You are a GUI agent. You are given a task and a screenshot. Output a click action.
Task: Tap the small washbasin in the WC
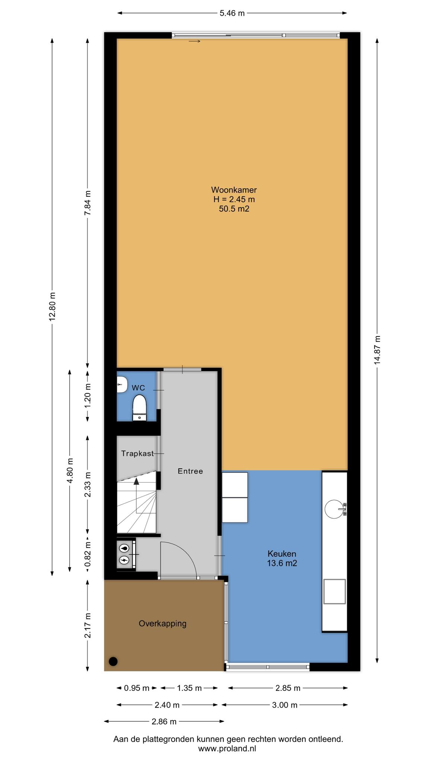[x=121, y=384]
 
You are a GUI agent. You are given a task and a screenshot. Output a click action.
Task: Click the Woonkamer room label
[x=234, y=190]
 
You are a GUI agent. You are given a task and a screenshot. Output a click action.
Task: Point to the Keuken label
[x=282, y=554]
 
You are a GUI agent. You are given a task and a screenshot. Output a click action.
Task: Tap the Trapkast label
[x=137, y=453]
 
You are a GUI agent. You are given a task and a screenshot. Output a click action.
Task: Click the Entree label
[x=190, y=471]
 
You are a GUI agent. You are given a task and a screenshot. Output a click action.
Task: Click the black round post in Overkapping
[x=113, y=661]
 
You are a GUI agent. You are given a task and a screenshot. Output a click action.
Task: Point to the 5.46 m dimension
[x=232, y=13]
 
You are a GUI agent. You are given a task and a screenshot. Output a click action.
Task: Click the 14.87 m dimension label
[x=378, y=349]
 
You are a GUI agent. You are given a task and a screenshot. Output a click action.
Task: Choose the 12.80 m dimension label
[x=52, y=305]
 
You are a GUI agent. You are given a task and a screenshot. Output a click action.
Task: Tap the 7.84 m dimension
[x=88, y=203]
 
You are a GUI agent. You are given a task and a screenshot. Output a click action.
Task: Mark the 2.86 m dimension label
[x=164, y=722]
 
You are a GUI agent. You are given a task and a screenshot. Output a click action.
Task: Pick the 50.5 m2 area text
[x=234, y=209]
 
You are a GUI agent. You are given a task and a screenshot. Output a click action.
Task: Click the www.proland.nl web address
[x=227, y=748]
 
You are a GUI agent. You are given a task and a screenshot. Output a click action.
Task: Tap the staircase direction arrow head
[x=136, y=481]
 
